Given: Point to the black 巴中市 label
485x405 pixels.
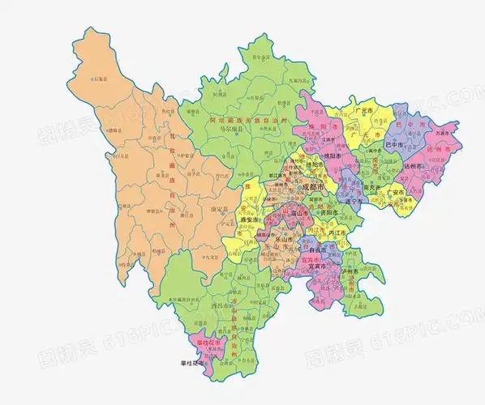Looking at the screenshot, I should click(395, 145).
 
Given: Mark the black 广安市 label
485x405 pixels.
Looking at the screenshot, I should click(397, 193).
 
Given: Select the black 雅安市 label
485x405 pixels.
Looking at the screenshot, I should click(248, 219).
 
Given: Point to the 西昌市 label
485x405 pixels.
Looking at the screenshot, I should click(224, 305).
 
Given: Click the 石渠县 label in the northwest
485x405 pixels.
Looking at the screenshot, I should click(100, 79).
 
